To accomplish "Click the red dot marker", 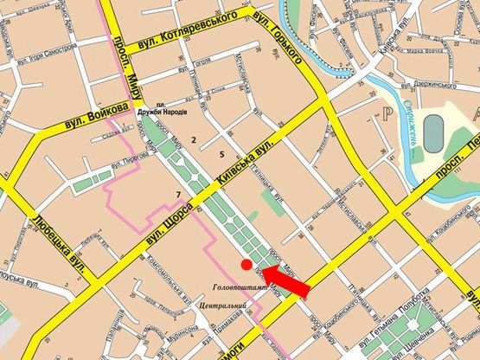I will [246, 265].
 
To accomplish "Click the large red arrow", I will [285, 281].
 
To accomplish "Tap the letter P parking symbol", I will [377, 113].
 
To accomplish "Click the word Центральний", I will [225, 306].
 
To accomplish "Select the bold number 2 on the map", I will [195, 138].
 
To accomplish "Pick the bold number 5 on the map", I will [222, 155].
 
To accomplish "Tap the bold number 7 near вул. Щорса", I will [177, 192].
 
